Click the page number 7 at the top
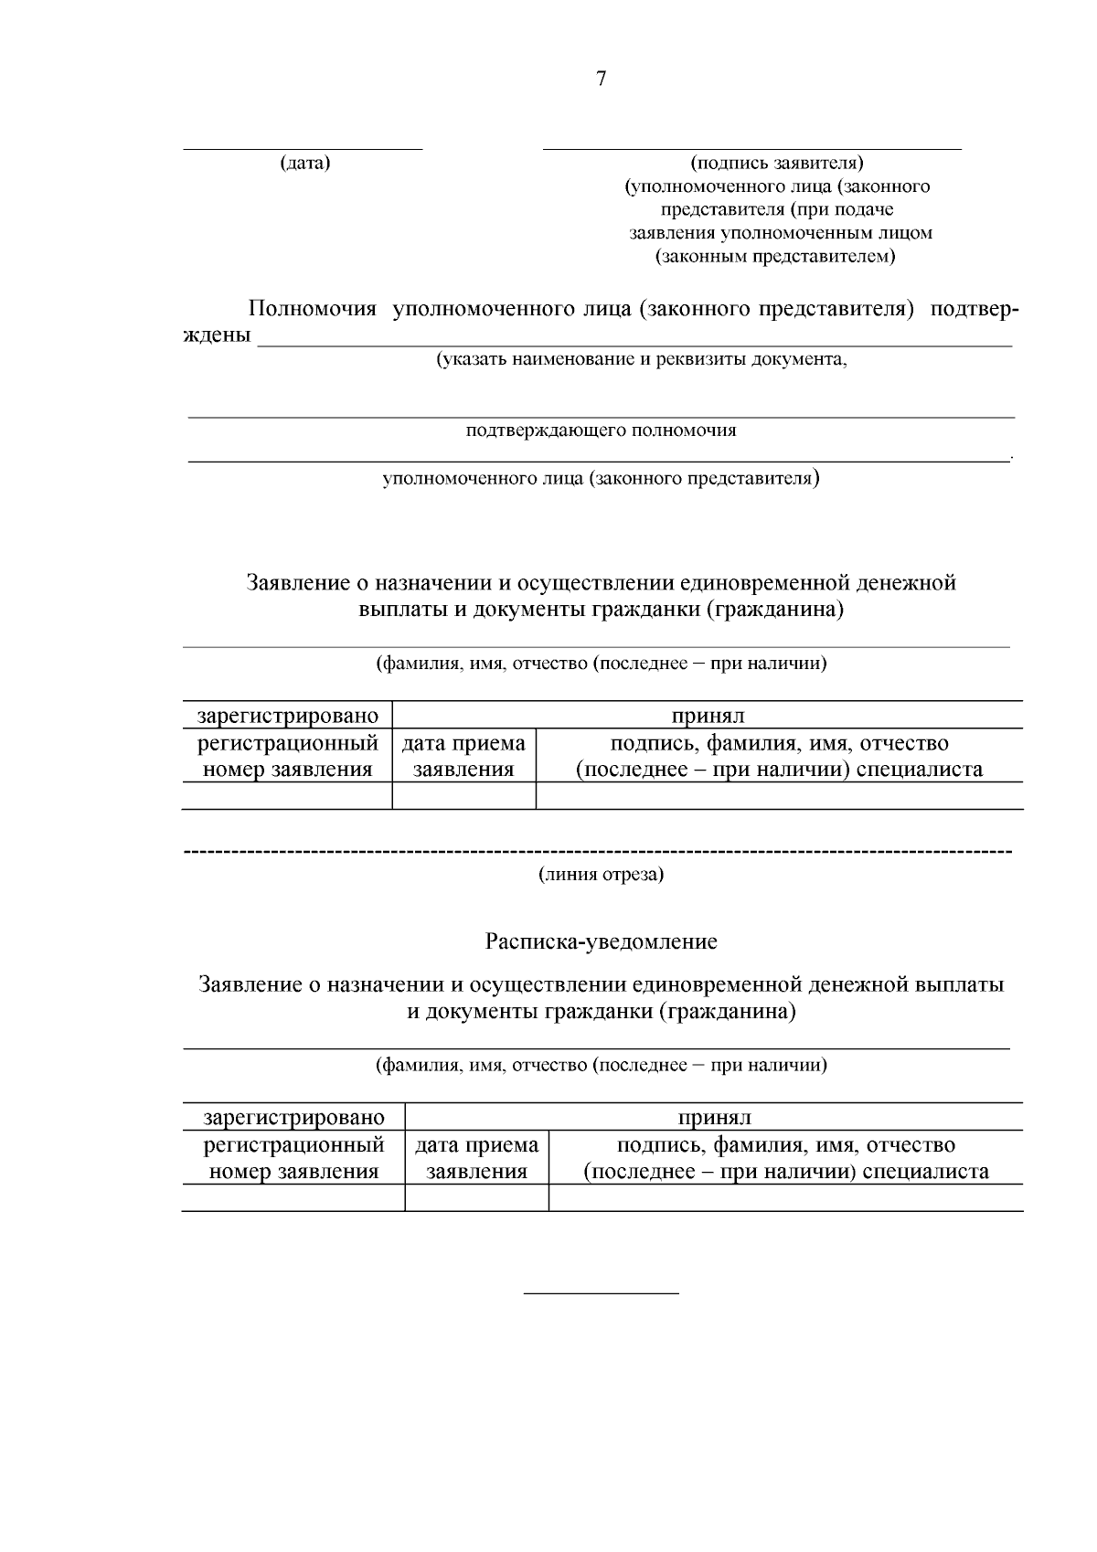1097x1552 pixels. pos(601,80)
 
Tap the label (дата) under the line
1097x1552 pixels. pos(304,164)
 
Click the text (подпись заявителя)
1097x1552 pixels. pos(777,164)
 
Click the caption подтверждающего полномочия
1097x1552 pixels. pos(601,431)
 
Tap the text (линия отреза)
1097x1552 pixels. pos(601,875)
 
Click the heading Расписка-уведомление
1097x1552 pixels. pos(601,941)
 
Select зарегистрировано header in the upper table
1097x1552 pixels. pos(287,716)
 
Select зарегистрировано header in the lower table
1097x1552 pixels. pos(293,1117)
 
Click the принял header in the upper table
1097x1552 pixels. pos(708,716)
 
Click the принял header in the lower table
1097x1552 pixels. pos(714,1117)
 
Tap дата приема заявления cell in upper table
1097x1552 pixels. pos(463,756)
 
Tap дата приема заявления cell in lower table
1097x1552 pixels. pos(476,1158)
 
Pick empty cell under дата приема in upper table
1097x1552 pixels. pos(463,795)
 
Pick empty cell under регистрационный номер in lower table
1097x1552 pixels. pos(293,1197)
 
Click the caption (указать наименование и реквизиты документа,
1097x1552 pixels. pos(641,359)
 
